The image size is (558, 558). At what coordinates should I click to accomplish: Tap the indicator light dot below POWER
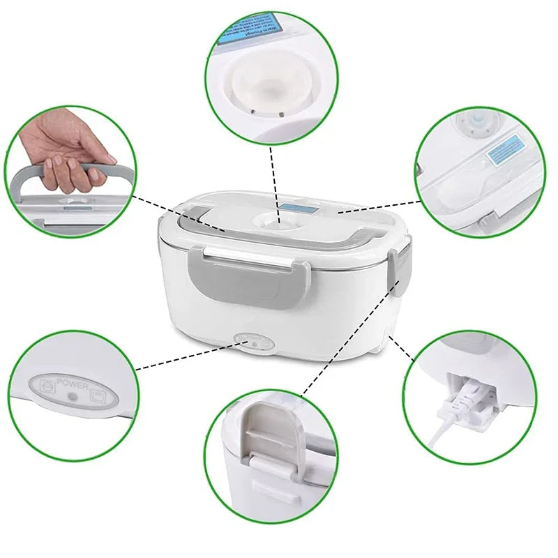coord(71,396)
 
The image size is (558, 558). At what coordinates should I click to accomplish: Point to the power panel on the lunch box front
coord(253,342)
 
